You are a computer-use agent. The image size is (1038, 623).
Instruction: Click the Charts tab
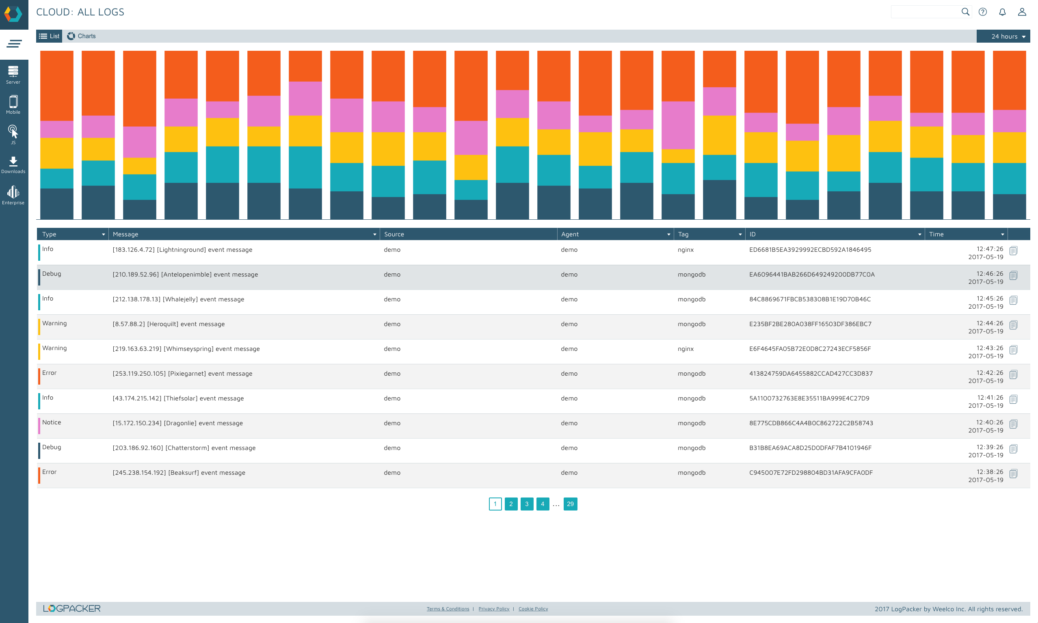click(82, 36)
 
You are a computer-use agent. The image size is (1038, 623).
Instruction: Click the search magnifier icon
click(965, 12)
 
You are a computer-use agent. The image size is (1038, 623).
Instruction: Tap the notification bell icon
click(1002, 12)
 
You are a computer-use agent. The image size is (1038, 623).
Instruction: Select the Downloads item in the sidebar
click(13, 164)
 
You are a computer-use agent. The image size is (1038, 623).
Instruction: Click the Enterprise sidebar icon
click(13, 195)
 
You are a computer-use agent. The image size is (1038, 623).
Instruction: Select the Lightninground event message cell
click(182, 250)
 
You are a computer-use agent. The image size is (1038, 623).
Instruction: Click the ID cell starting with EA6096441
click(811, 275)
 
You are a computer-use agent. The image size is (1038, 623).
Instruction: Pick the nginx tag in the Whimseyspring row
click(686, 349)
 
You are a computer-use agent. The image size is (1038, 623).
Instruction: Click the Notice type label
click(52, 422)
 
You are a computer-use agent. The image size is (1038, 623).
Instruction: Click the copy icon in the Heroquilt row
click(1013, 325)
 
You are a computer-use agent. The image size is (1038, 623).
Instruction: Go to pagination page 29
click(570, 504)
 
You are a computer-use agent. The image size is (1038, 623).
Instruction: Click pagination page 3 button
click(526, 504)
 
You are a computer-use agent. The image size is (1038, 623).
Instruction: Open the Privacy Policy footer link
click(493, 609)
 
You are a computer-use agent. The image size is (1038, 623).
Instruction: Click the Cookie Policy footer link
click(533, 609)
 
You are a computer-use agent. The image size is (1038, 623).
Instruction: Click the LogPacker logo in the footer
click(72, 608)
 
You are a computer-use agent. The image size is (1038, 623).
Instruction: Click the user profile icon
click(1022, 12)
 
